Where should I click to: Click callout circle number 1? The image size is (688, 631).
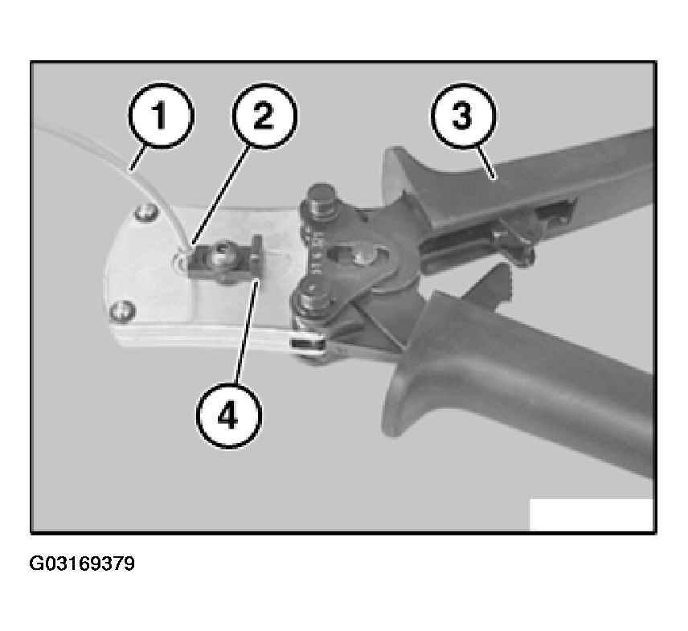pos(161,116)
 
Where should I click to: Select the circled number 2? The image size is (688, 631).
pos(264,116)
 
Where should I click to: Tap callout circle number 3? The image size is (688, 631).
pos(463,116)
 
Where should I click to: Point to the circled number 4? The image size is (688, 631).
pos(228,415)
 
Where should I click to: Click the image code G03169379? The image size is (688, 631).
pos(82,563)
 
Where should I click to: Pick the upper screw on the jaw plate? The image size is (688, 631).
pos(146,212)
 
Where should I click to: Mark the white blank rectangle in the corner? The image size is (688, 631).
pos(592,514)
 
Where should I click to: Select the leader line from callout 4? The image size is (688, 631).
pos(247,334)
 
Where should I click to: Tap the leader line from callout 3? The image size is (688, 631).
pos(486,163)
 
